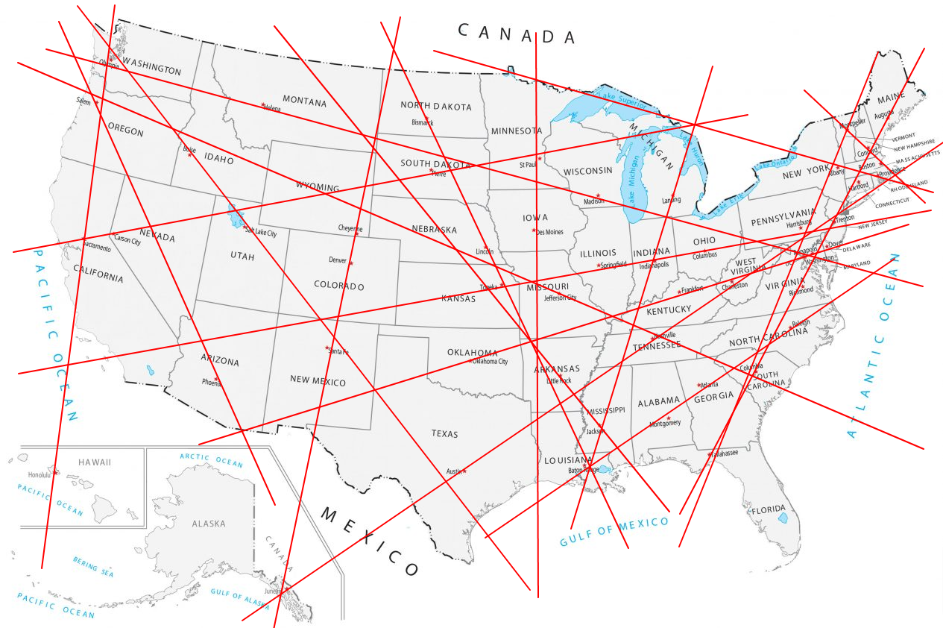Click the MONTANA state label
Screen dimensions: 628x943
click(x=304, y=101)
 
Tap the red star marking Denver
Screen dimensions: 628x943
click(x=351, y=263)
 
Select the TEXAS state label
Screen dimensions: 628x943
click(x=444, y=433)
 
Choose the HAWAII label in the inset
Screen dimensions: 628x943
click(x=94, y=462)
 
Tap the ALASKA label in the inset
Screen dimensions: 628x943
click(x=208, y=524)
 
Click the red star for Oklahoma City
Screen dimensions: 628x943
click(x=470, y=362)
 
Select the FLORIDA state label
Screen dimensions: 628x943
click(x=768, y=510)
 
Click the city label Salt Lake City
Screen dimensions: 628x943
click(x=261, y=233)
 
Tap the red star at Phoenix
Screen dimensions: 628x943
click(x=216, y=380)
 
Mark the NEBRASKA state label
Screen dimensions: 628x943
click(x=434, y=229)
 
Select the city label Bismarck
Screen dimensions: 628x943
click(x=422, y=122)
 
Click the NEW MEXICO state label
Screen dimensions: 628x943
click(x=318, y=381)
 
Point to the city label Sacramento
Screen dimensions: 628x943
click(x=96, y=245)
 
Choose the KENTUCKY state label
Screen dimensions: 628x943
click(x=668, y=310)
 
